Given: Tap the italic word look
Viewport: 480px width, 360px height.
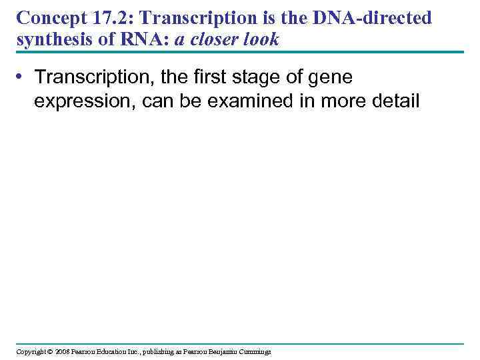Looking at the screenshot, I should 260,41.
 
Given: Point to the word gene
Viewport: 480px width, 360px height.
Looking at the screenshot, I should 333,79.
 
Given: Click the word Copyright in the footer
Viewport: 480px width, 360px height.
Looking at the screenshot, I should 31,351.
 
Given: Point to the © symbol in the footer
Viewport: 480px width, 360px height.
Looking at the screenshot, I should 49,351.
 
